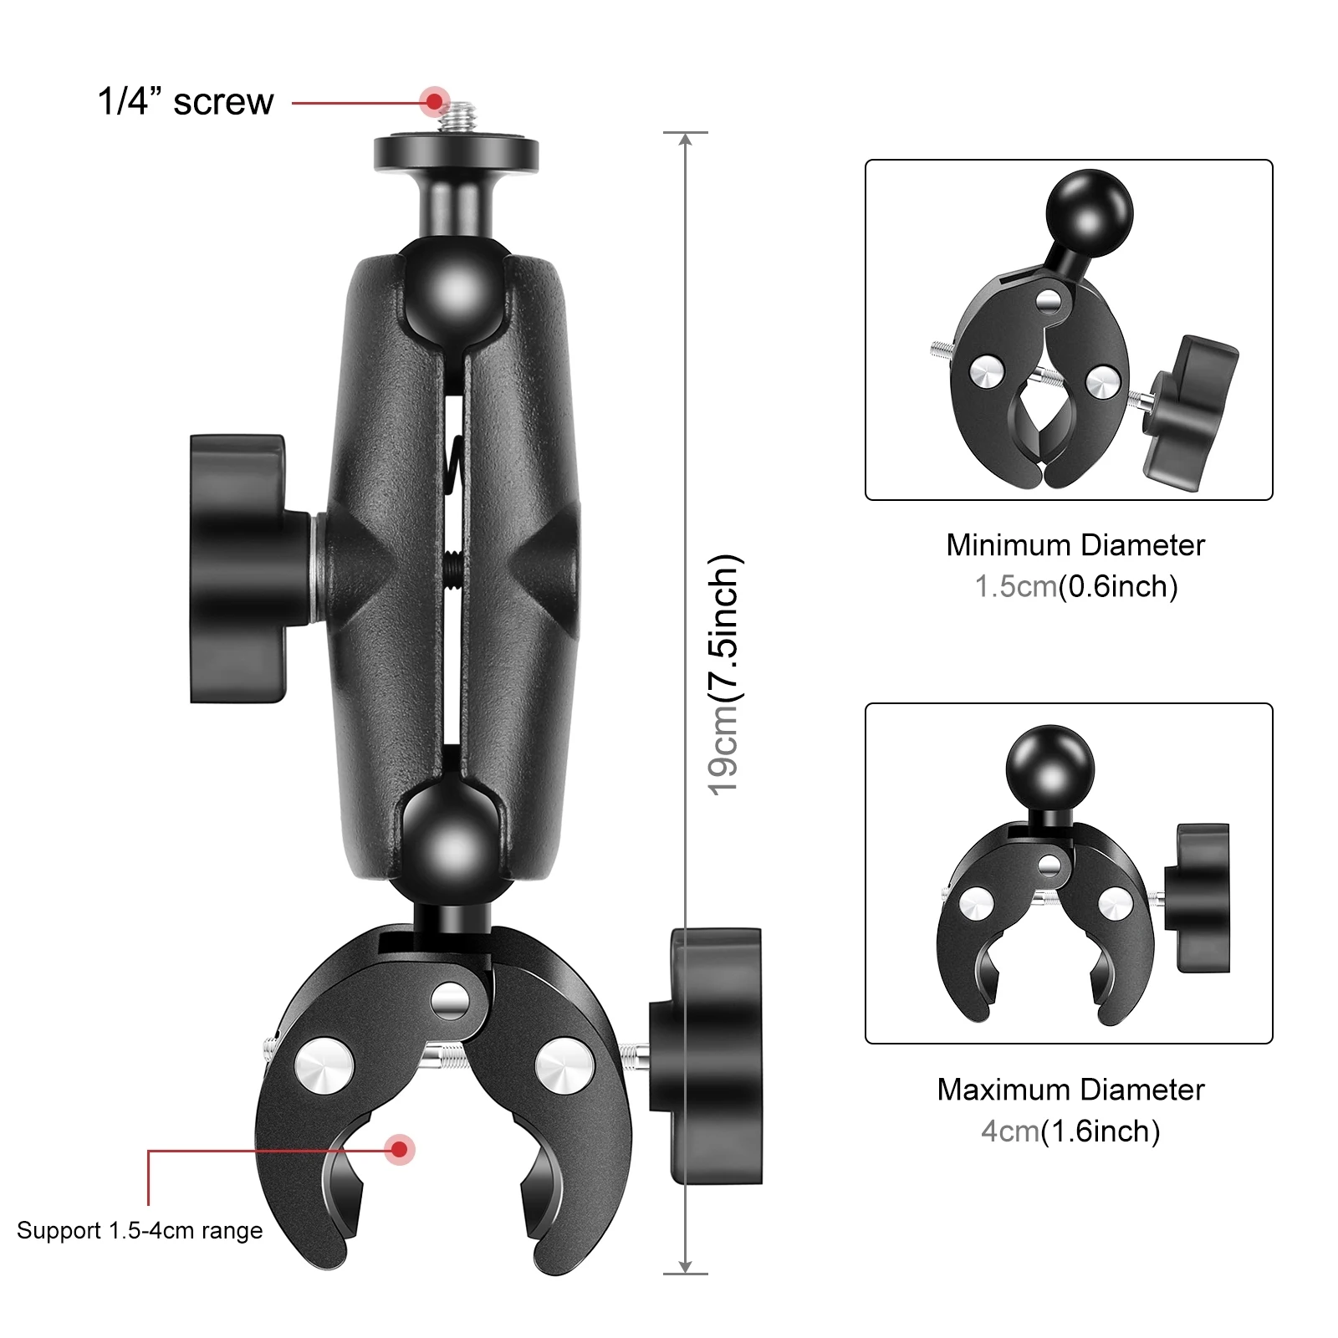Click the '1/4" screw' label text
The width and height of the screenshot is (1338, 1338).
click(x=186, y=102)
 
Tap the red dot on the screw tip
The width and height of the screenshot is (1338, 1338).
click(x=434, y=101)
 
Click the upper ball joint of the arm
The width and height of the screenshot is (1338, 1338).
click(x=457, y=289)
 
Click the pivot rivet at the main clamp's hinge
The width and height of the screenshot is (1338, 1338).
click(x=451, y=998)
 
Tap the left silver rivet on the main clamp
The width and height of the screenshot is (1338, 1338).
click(x=324, y=1065)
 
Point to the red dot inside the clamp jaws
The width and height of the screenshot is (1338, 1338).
click(x=401, y=1150)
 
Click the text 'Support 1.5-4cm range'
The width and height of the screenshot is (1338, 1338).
click(x=140, y=1231)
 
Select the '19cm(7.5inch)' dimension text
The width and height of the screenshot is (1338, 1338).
click(x=724, y=674)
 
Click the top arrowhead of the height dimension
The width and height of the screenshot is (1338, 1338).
click(x=686, y=140)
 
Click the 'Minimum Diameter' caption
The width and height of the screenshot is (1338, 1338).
click(x=1075, y=545)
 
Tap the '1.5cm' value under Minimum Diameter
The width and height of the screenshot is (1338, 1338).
click(x=1016, y=586)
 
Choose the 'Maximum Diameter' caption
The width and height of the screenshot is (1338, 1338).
click(x=1070, y=1090)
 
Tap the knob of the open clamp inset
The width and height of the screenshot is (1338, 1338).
click(x=1203, y=897)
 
